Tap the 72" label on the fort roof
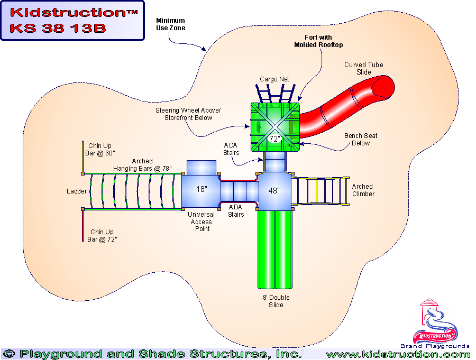(274, 139)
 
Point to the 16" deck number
(202, 189)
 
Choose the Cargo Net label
(274, 79)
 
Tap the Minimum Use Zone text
(171, 24)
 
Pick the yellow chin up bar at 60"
(83, 156)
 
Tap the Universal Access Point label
(202, 221)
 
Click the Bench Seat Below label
(361, 139)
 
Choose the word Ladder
(77, 191)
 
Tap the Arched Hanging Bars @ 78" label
(142, 165)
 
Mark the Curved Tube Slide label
(364, 68)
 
